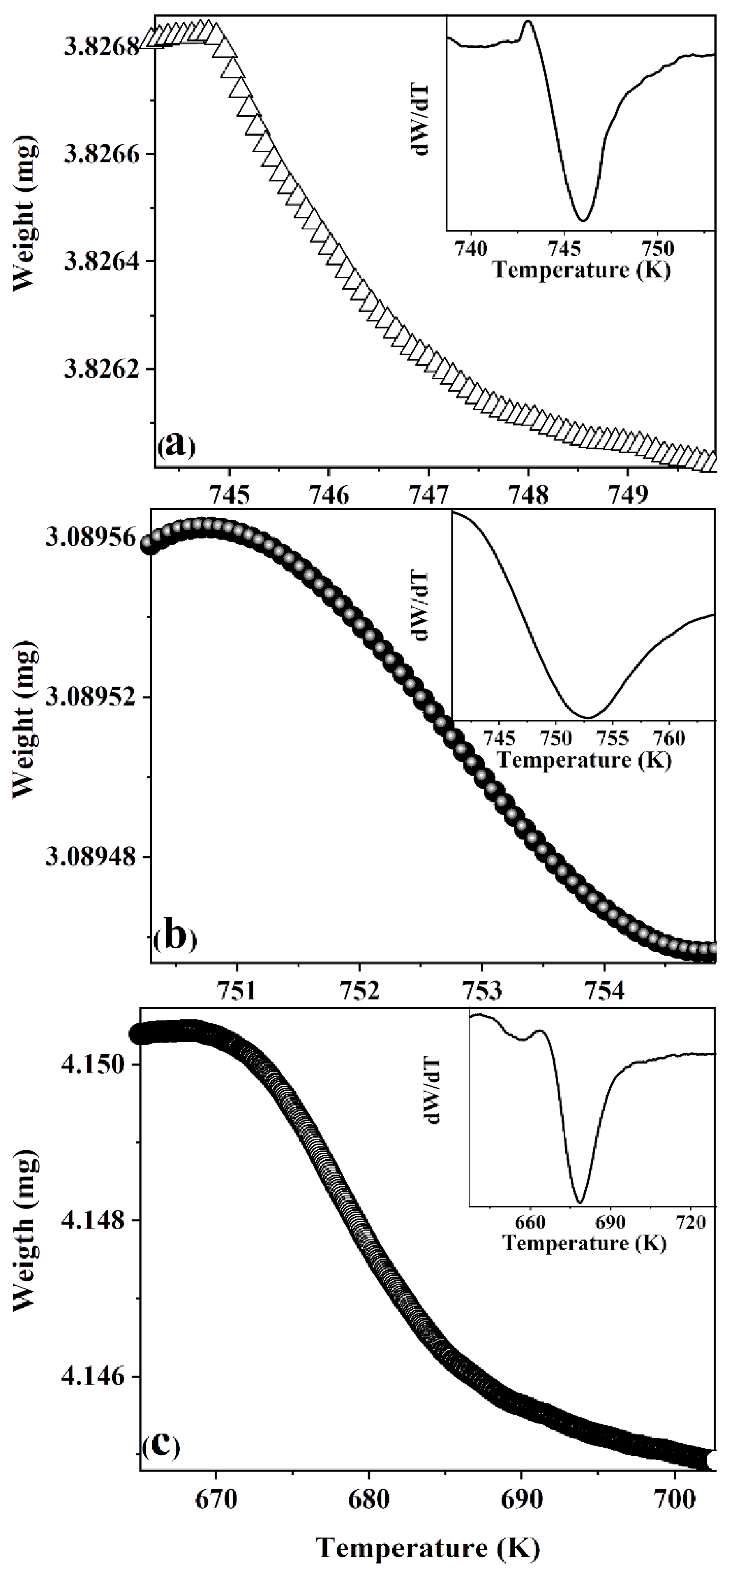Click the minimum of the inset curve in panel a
tap(583, 220)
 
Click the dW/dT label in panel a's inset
tap(422, 120)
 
